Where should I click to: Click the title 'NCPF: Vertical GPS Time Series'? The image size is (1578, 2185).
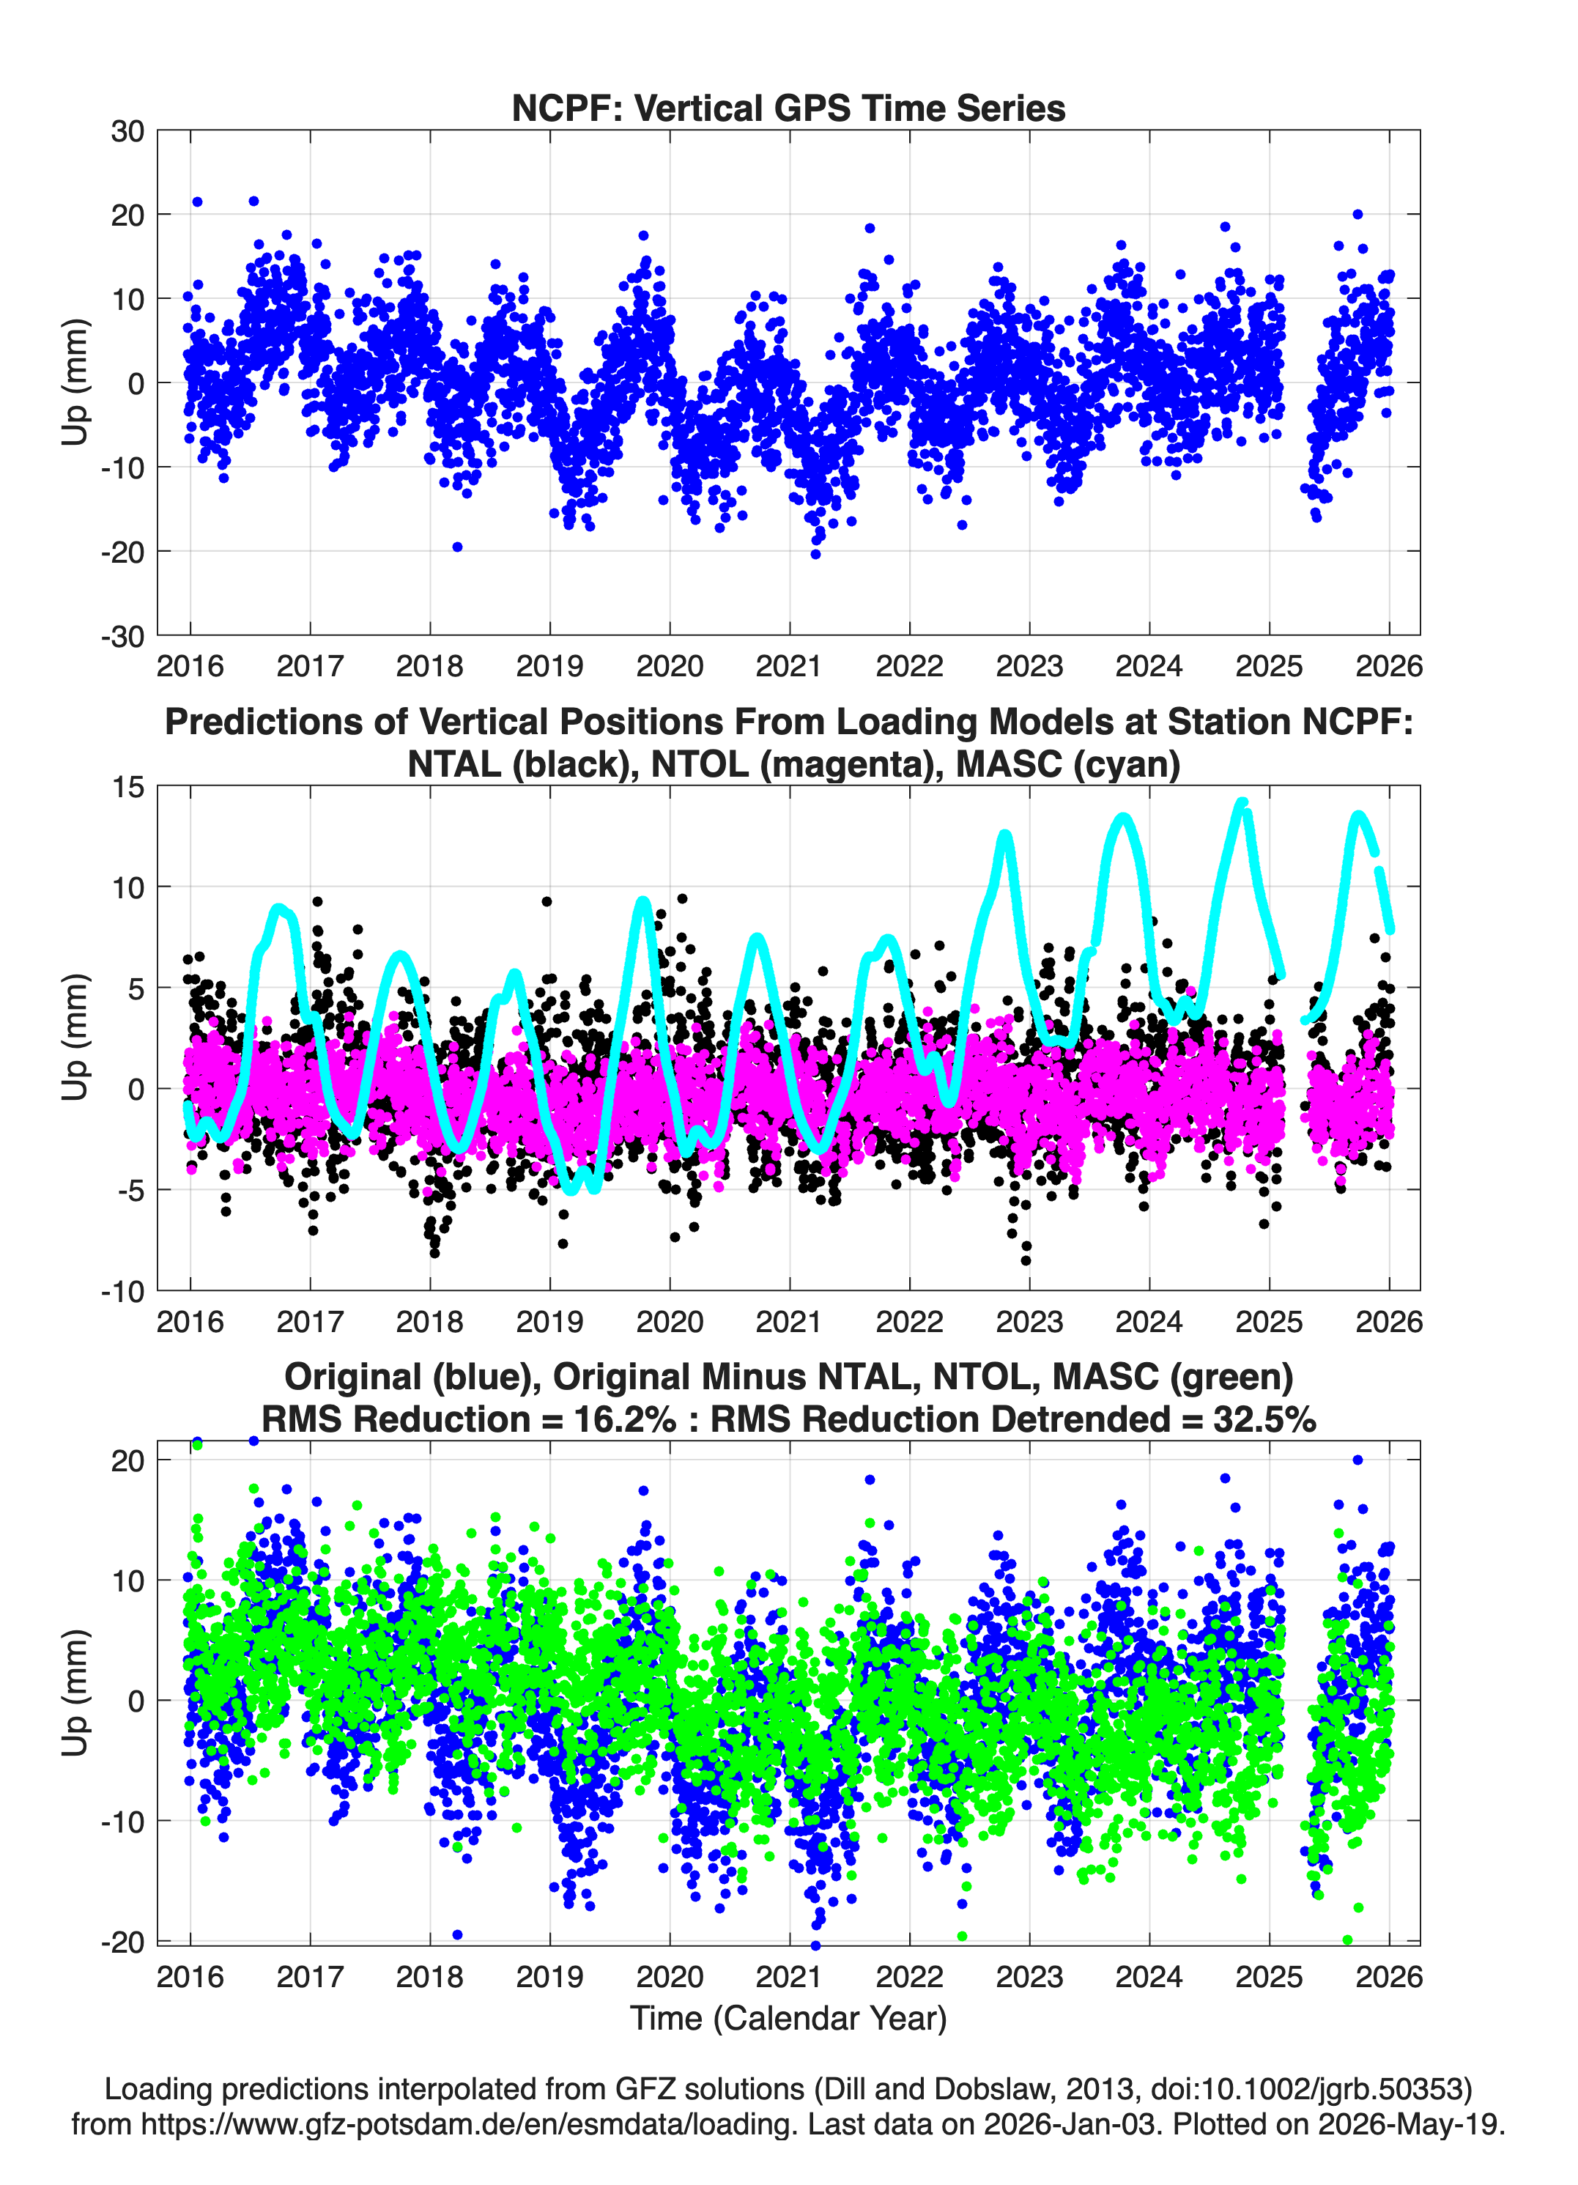tap(788, 108)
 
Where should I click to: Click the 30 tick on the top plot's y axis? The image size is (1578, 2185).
tap(127, 131)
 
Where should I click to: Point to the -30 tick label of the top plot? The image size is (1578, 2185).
tap(122, 637)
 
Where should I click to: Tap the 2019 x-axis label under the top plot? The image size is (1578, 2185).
tap(549, 666)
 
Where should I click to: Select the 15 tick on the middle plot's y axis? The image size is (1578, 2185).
tap(127, 787)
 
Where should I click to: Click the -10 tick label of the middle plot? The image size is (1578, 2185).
tap(122, 1292)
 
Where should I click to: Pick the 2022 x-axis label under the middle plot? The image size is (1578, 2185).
tap(908, 1321)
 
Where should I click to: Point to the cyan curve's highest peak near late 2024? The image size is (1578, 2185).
tap(1242, 802)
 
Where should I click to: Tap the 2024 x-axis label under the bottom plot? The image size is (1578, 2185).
tap(1149, 1976)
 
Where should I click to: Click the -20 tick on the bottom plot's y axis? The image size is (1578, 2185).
tap(122, 1941)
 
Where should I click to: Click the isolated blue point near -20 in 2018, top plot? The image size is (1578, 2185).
tap(458, 547)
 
